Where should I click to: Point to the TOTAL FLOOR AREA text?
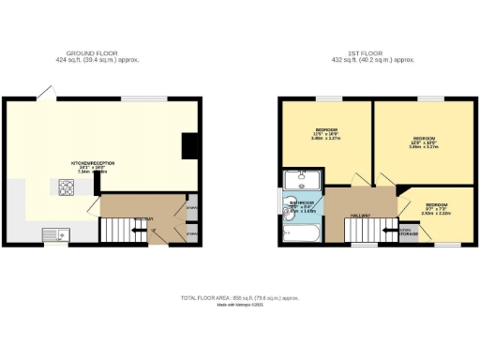tap(240, 297)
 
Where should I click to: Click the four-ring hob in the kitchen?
tap(67, 187)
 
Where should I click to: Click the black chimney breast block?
tap(190, 145)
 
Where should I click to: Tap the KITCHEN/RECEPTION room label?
tap(90, 164)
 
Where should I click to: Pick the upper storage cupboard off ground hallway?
tap(191, 207)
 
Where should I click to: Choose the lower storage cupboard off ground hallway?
tap(191, 232)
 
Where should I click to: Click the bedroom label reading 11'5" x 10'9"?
tap(325, 135)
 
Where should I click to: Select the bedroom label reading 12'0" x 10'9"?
tap(421, 142)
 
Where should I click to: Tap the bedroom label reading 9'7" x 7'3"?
tap(434, 208)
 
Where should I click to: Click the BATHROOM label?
tap(302, 204)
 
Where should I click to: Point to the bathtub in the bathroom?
tap(301, 234)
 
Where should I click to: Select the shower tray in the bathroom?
tap(303, 178)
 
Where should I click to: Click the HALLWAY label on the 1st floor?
tap(360, 216)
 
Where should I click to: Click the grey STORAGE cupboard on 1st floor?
tap(407, 231)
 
